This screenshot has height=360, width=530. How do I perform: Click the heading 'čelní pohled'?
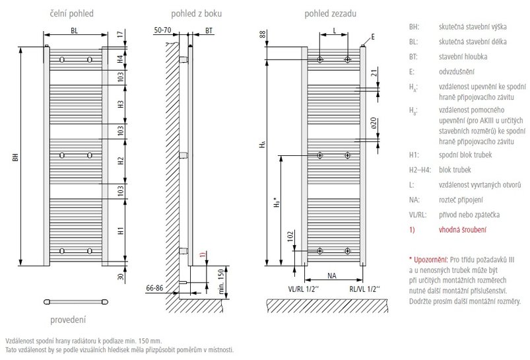point(73,13)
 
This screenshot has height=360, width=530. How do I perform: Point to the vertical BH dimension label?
point(15,159)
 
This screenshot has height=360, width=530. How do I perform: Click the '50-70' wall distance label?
point(163,30)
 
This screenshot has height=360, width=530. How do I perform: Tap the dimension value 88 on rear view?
point(262,34)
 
